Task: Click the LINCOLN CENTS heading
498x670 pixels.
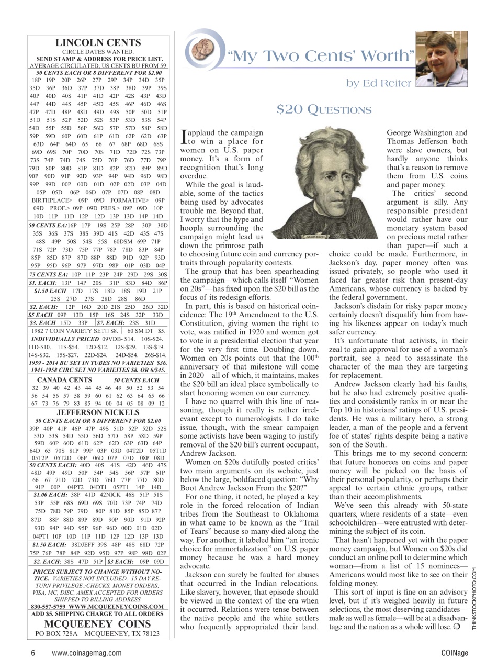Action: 98,43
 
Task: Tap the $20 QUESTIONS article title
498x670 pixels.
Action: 324,109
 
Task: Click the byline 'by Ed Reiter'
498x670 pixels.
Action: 379,83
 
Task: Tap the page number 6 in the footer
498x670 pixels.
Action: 32,652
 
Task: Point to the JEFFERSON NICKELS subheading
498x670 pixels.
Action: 98,412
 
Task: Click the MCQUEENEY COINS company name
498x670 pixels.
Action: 98,624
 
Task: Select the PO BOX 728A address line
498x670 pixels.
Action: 98,634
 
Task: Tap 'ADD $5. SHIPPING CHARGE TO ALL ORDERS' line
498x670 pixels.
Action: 98,613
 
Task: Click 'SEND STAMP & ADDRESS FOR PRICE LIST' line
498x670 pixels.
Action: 98,59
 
